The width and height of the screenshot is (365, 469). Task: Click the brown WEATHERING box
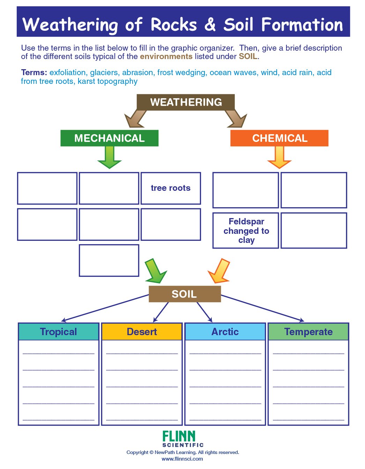[x=186, y=102]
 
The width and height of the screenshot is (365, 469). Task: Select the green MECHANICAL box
[x=109, y=138]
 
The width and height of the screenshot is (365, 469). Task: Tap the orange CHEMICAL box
[x=280, y=138]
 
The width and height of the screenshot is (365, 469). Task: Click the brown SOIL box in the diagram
[x=185, y=294]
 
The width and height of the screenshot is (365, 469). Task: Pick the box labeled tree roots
[x=171, y=188]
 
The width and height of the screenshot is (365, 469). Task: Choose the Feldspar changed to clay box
[x=246, y=231]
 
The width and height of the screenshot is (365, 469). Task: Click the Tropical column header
[x=58, y=332]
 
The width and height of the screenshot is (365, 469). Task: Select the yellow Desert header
[x=142, y=332]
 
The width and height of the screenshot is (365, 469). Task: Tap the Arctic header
[x=225, y=332]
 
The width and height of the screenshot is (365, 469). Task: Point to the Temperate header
[x=308, y=332]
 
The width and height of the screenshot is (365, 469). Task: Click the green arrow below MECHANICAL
[x=110, y=158]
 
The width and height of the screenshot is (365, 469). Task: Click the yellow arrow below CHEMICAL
[x=279, y=158]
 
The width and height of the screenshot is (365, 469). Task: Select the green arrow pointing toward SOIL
[x=155, y=271]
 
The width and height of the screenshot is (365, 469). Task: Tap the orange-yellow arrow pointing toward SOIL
[x=220, y=271]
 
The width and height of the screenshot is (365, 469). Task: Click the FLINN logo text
[x=179, y=436]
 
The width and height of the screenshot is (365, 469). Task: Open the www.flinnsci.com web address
[x=182, y=459]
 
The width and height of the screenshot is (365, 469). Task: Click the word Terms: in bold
[x=34, y=73]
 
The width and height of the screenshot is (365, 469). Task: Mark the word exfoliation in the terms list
[x=68, y=73]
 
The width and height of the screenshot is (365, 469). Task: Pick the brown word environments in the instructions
[x=166, y=57]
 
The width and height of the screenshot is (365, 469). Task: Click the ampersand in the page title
[x=210, y=25]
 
